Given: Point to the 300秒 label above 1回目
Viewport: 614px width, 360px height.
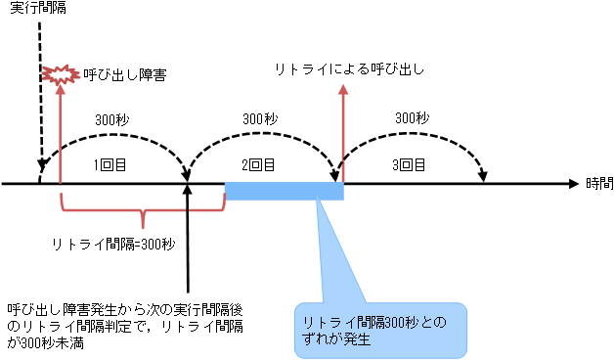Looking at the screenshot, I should pos(111,119).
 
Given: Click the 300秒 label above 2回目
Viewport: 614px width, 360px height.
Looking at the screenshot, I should pos(256,117).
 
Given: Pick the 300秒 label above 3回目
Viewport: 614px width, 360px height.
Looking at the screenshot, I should pos(412,117).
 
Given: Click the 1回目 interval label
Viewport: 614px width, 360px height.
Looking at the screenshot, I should pos(110,164).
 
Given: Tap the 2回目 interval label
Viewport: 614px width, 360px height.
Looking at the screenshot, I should pos(256,164).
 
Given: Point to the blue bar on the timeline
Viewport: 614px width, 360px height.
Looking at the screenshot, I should pos(284,190).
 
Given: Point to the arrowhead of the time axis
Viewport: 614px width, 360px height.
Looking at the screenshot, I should pos(575,183).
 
